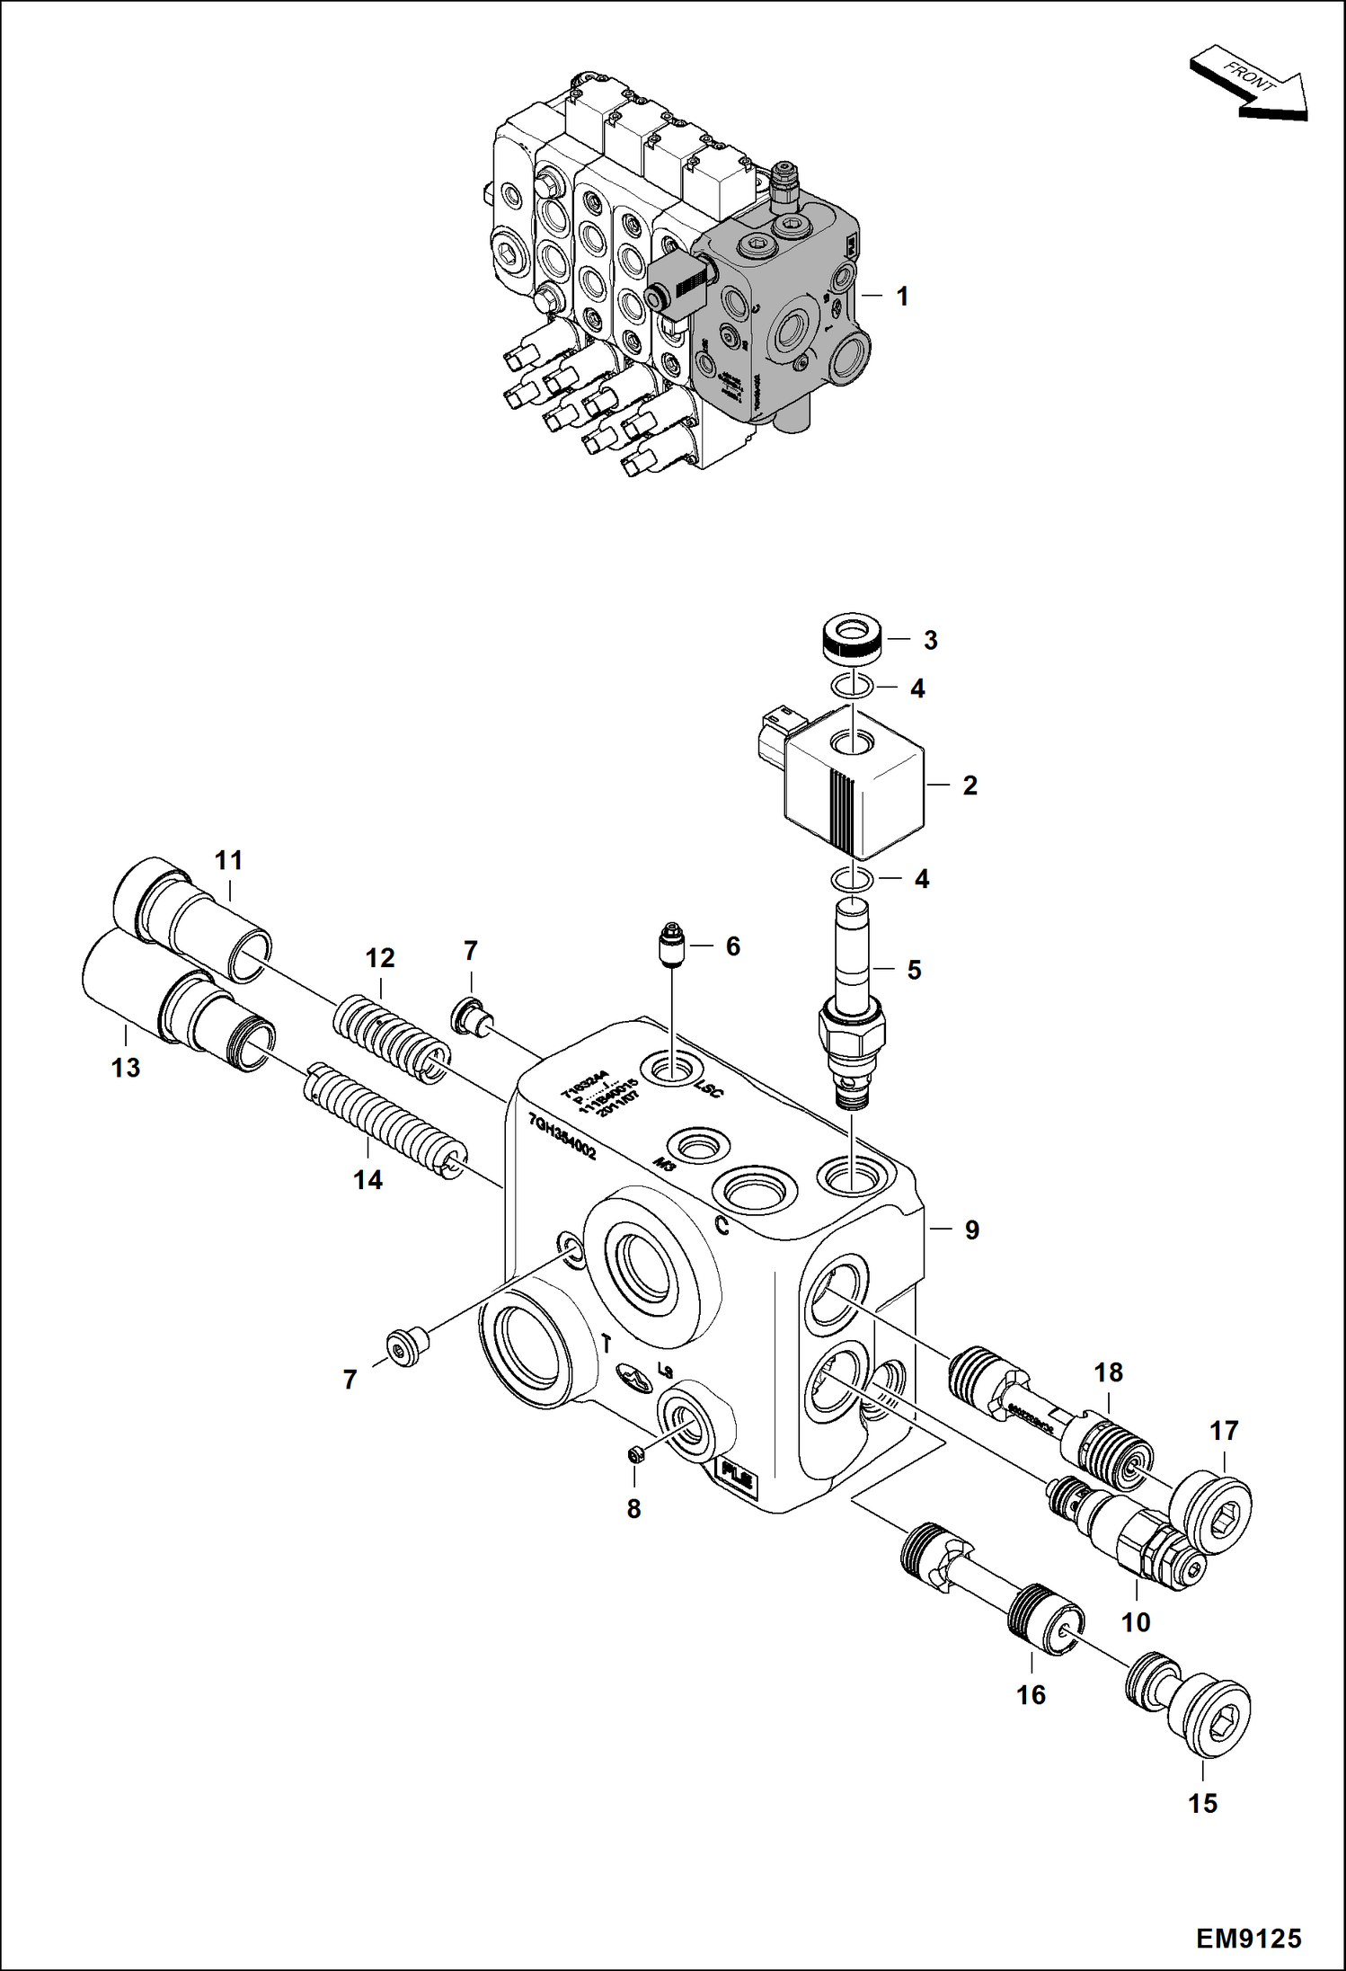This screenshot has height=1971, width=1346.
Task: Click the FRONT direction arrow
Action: [x=1249, y=87]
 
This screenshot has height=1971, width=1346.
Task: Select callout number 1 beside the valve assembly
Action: [x=902, y=296]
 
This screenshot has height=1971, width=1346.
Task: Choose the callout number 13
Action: [x=126, y=1068]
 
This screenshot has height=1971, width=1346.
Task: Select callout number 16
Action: [x=1031, y=1694]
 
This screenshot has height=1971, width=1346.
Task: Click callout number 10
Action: [x=1136, y=1621]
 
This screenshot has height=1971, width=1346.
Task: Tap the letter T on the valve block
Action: [x=607, y=1345]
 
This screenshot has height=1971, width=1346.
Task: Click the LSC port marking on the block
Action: [x=709, y=1090]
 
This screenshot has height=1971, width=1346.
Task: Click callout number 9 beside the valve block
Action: [x=971, y=1230]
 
